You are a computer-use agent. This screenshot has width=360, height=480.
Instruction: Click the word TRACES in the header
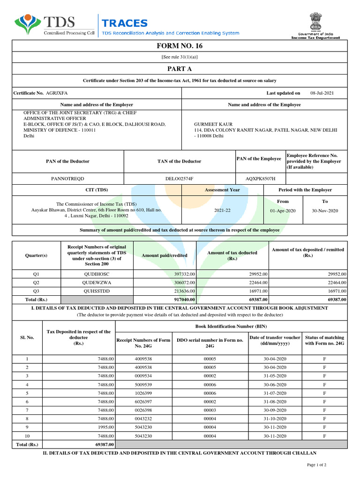pos(125,23)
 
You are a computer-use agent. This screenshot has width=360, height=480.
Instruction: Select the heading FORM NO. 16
pos(180,46)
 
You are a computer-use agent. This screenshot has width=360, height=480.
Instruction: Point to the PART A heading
pos(180,69)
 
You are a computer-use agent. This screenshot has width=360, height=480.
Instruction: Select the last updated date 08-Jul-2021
pos(322,93)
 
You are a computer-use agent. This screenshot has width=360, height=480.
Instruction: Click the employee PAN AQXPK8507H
pos(261,179)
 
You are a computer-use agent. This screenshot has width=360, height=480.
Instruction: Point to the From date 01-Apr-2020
pos(283,211)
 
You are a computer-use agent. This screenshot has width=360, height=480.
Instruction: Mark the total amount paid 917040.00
pos(184,299)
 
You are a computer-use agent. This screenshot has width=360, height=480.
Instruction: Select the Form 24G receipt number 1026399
pos(143,393)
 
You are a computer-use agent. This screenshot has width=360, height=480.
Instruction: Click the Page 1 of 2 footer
pos(316,465)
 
